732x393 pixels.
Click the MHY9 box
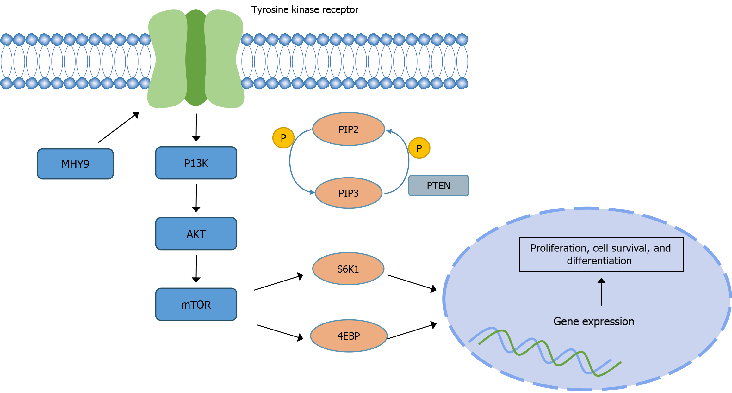[75, 164]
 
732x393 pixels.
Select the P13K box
[196, 163]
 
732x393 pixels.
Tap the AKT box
[196, 234]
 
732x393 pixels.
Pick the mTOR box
[196, 305]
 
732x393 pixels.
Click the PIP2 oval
[348, 129]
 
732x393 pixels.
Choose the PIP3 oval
[348, 193]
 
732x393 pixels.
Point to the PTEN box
[438, 186]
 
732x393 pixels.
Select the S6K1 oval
[348, 269]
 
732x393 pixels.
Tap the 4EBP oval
[349, 336]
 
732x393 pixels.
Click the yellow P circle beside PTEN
[419, 148]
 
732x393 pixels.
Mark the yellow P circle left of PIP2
[283, 138]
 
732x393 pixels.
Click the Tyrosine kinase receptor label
[305, 10]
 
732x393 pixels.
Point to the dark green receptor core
[196, 57]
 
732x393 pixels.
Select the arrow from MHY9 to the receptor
[118, 127]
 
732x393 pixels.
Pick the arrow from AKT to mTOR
[196, 269]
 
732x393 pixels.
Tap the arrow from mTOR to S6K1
[278, 282]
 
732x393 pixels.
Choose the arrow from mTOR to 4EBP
[280, 332]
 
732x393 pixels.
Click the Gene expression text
[594, 321]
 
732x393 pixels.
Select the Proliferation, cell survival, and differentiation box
[601, 254]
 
